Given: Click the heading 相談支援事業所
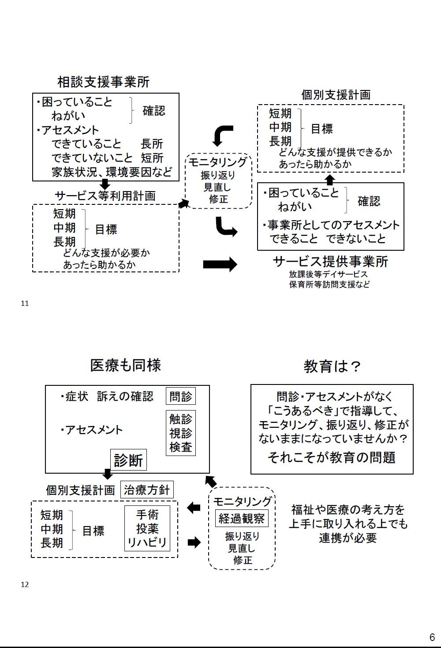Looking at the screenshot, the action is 104,82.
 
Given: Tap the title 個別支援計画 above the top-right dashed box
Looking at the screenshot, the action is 336,94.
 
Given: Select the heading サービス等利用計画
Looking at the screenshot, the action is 105,196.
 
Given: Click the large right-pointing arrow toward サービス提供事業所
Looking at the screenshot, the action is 220,264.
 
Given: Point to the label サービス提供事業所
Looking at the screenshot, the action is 330,261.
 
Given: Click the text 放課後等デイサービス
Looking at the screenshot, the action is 328,274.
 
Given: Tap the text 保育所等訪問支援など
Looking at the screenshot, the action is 329,284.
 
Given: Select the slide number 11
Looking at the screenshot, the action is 25,303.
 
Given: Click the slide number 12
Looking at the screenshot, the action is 25,584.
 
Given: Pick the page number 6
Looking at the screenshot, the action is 432,637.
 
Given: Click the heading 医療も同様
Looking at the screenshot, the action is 125,365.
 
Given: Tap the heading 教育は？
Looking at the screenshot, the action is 332,366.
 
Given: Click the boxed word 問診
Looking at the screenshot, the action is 181,396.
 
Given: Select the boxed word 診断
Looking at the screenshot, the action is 128,460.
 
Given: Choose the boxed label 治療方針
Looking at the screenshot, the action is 147,490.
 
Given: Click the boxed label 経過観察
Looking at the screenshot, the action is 242,518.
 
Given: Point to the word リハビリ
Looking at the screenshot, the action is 147,542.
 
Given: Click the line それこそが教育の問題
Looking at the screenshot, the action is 332,457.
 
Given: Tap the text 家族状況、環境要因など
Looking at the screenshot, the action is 112,172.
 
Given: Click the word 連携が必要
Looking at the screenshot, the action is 348,538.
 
